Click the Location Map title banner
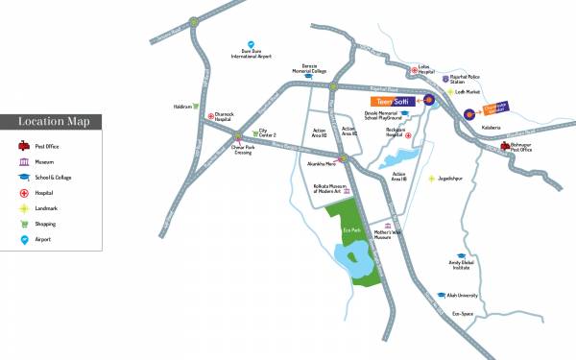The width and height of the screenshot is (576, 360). (x=52, y=121)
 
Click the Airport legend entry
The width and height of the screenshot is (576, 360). (x=43, y=239)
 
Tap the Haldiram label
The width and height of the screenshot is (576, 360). (x=181, y=106)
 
